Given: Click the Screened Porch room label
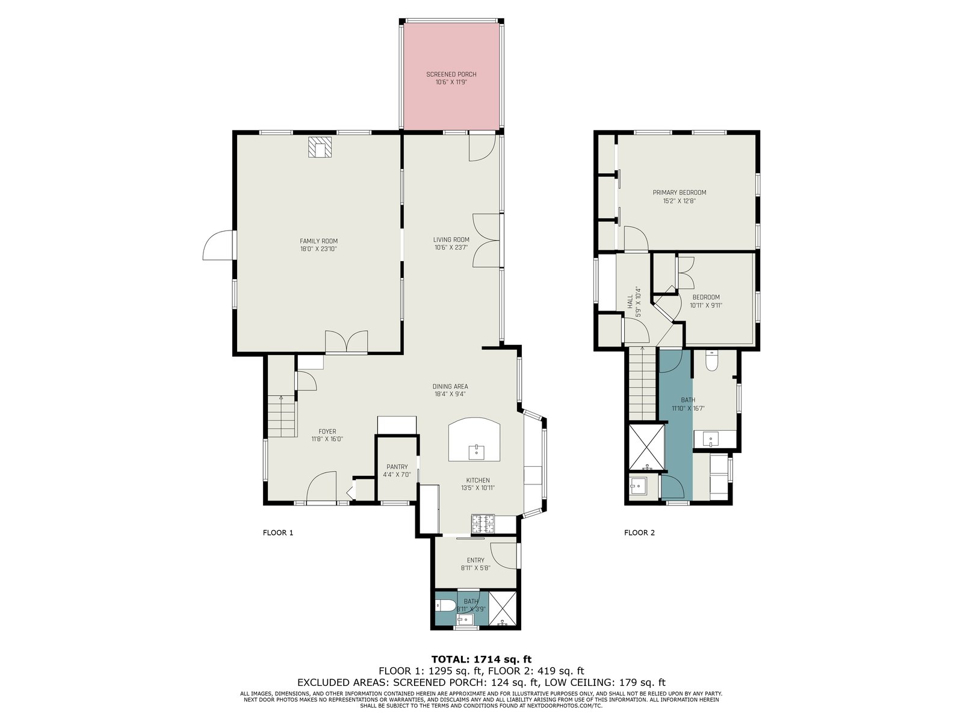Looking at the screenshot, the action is pyautogui.click(x=451, y=75).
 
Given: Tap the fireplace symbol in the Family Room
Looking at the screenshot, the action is pyautogui.click(x=320, y=147).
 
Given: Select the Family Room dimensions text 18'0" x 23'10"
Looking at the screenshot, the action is pyautogui.click(x=318, y=249).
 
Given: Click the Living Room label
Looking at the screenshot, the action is pyautogui.click(x=451, y=239).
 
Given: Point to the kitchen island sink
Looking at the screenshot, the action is pyautogui.click(x=476, y=452).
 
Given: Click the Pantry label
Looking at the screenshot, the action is pyautogui.click(x=397, y=467).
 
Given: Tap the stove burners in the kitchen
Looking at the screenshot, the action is pyautogui.click(x=483, y=524).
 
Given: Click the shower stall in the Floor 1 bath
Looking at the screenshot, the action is pyautogui.click(x=503, y=608).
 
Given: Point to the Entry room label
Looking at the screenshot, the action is pyautogui.click(x=475, y=560).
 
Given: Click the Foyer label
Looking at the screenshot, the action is pyautogui.click(x=327, y=431).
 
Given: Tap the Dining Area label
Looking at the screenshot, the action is pyautogui.click(x=450, y=386).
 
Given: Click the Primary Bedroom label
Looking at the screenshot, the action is pyautogui.click(x=679, y=193).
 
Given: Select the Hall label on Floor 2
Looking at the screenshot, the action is pyautogui.click(x=630, y=301).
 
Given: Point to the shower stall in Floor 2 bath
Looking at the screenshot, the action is pyautogui.click(x=646, y=446).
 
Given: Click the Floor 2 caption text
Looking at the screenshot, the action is pyautogui.click(x=639, y=532).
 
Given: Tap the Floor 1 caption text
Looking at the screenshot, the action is pyautogui.click(x=277, y=532).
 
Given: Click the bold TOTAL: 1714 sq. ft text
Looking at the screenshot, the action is pyautogui.click(x=482, y=659).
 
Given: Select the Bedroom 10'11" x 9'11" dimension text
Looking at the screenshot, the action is pyautogui.click(x=706, y=306).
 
